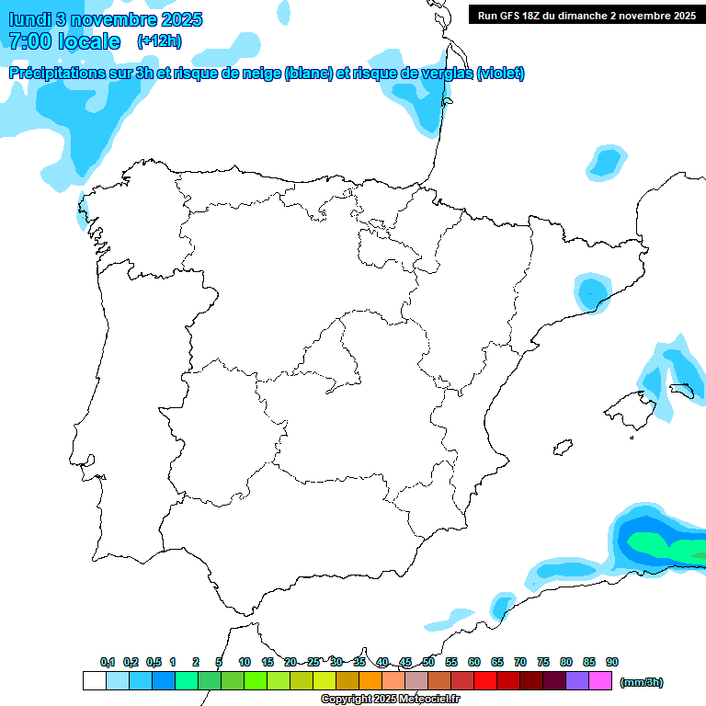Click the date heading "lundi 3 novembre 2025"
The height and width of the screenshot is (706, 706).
point(106,19)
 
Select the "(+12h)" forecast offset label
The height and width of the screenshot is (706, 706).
point(159,40)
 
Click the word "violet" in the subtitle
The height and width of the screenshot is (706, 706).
point(499,74)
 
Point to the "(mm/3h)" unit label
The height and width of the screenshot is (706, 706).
point(641,682)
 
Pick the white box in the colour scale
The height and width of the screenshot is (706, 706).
point(94,681)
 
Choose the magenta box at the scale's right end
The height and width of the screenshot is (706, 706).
point(600,681)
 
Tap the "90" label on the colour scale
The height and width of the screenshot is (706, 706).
point(612,662)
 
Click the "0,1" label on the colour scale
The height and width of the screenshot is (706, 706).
point(108,662)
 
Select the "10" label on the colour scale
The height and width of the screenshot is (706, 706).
point(245,662)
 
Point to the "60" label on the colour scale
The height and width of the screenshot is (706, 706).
point(474,662)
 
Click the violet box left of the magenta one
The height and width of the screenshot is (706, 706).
point(577,681)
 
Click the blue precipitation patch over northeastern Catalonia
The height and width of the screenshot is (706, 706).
point(591,292)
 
